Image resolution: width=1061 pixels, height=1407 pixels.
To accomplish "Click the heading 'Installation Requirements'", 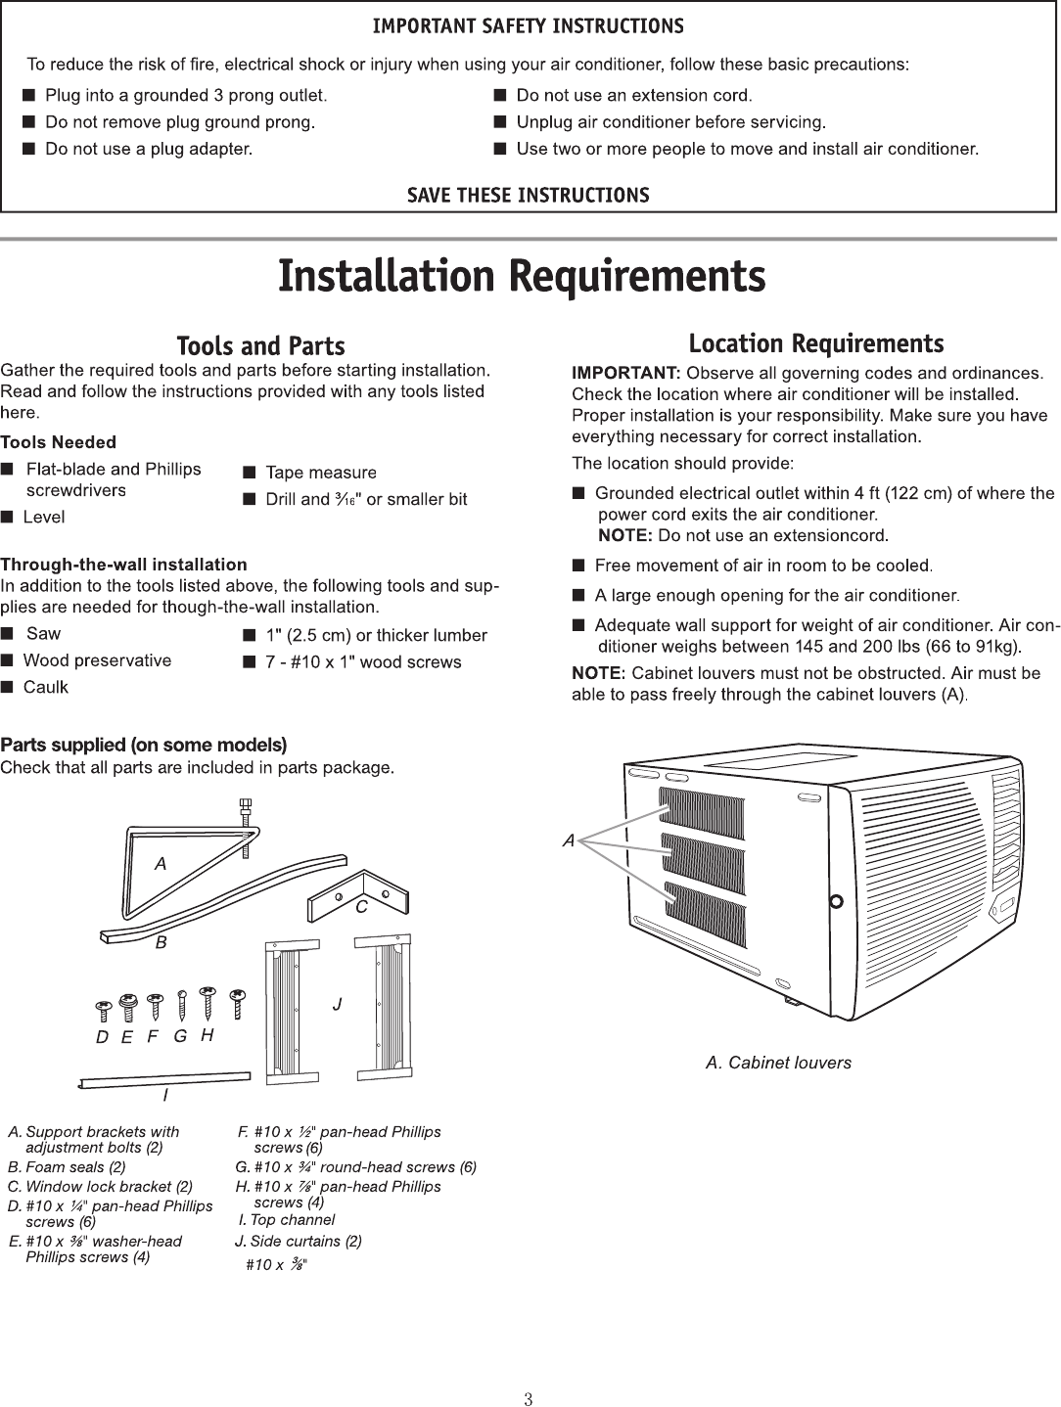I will tap(522, 276).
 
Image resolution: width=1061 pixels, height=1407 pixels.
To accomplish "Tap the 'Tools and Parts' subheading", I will tap(260, 346).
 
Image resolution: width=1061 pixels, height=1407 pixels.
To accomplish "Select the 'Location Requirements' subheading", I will tap(815, 343).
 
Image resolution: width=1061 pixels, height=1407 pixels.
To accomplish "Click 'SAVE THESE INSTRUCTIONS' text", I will tap(528, 195).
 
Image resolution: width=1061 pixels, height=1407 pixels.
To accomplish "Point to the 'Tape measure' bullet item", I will tap(320, 473).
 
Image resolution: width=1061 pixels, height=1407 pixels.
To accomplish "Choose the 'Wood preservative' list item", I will tap(97, 660).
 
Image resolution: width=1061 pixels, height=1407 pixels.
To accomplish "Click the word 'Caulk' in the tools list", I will tap(45, 687).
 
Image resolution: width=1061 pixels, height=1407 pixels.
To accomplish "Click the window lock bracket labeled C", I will tap(356, 893).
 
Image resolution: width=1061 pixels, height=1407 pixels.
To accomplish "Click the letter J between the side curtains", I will tap(337, 1005).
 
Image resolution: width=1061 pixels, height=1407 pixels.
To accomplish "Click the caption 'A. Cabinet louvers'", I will tap(778, 1063).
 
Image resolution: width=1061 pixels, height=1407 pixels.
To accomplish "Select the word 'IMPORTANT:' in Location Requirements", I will tap(625, 373).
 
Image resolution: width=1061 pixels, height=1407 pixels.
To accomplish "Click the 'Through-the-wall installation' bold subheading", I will tap(123, 565).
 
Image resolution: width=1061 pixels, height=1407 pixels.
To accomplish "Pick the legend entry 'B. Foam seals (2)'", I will tap(67, 1167).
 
